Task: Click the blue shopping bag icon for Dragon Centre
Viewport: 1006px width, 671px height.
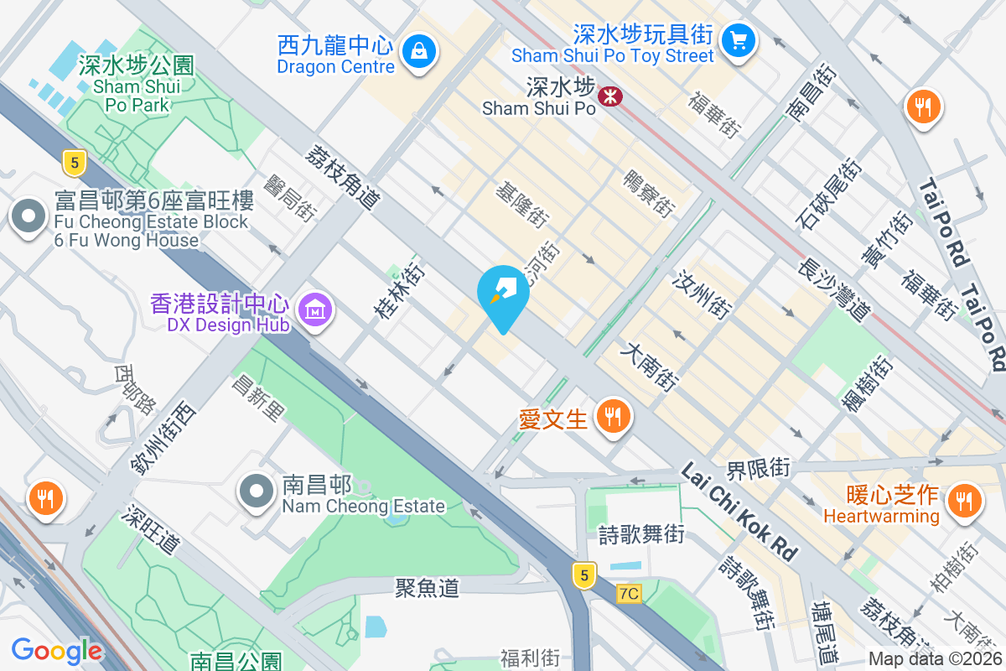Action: [x=417, y=52]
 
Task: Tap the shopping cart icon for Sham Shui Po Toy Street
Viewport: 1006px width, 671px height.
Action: [x=739, y=39]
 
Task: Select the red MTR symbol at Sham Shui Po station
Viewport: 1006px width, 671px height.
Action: [x=609, y=97]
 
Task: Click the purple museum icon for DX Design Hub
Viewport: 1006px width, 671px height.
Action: [x=315, y=310]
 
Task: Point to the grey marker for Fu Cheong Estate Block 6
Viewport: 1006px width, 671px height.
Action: [x=29, y=216]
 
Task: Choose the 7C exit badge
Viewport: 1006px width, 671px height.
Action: [x=628, y=594]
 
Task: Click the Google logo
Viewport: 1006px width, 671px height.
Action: [x=56, y=650]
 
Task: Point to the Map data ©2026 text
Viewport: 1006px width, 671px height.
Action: [x=936, y=659]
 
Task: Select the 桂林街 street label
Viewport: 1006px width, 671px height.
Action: [x=399, y=291]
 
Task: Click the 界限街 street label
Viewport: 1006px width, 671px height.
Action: [x=758, y=467]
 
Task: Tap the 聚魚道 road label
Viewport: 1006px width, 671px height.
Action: [x=428, y=587]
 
